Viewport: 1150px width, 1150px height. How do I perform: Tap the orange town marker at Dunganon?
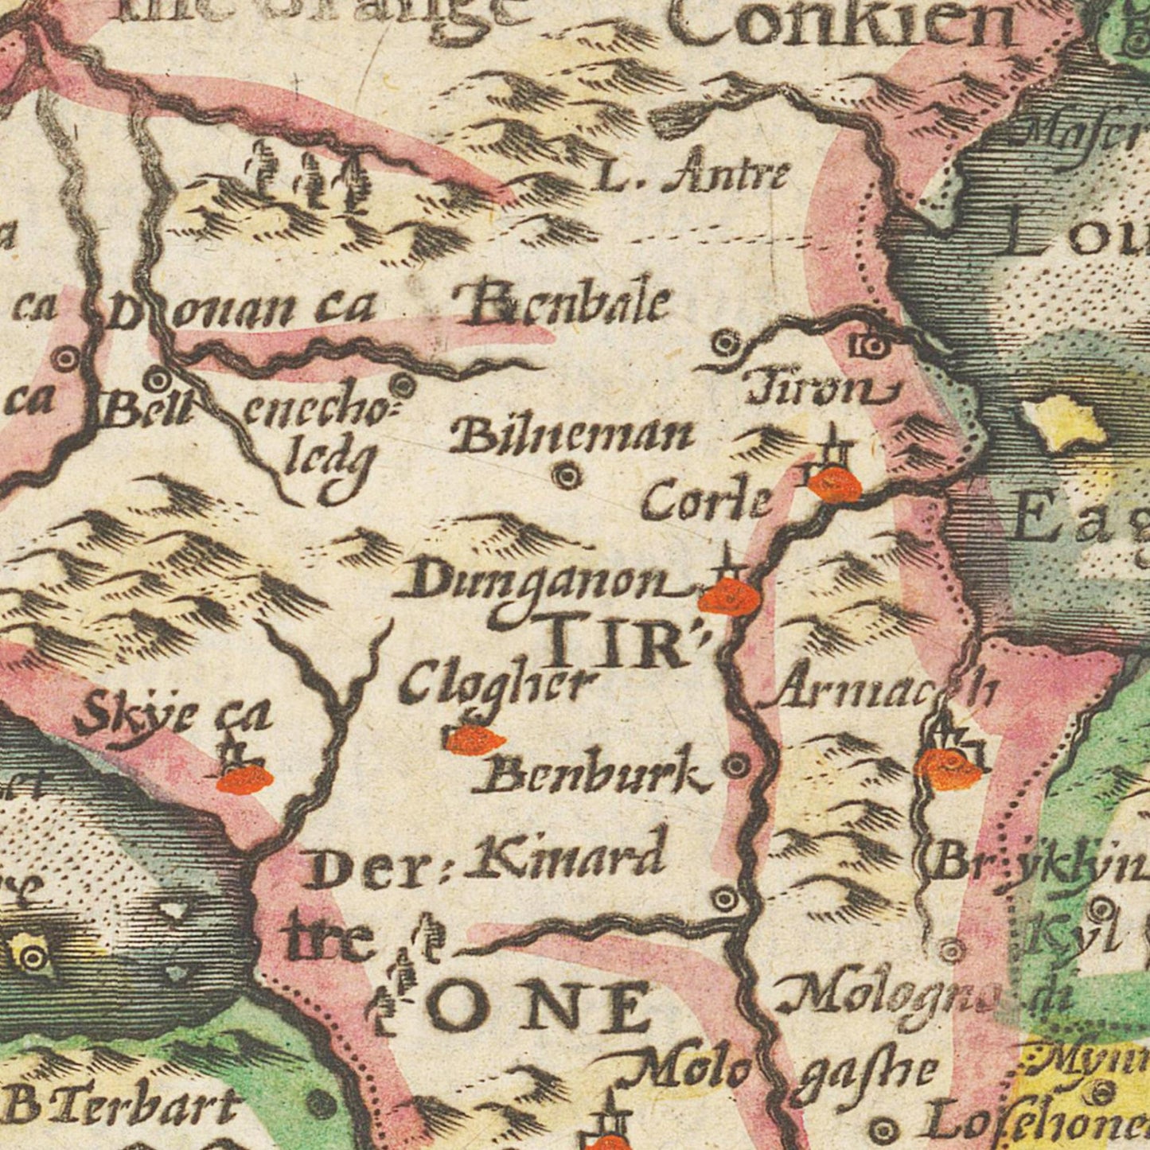(729, 597)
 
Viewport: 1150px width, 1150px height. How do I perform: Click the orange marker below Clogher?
(475, 740)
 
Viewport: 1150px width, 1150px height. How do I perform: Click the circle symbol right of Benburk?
(736, 766)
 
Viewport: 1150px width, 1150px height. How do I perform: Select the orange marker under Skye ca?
(244, 779)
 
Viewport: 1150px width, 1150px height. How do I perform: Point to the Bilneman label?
(572, 435)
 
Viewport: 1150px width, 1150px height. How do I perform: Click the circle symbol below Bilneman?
(567, 476)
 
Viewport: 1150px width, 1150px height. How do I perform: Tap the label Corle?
(707, 501)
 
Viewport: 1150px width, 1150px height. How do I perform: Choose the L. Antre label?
(692, 177)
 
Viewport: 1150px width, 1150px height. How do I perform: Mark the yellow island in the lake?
(1065, 423)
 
